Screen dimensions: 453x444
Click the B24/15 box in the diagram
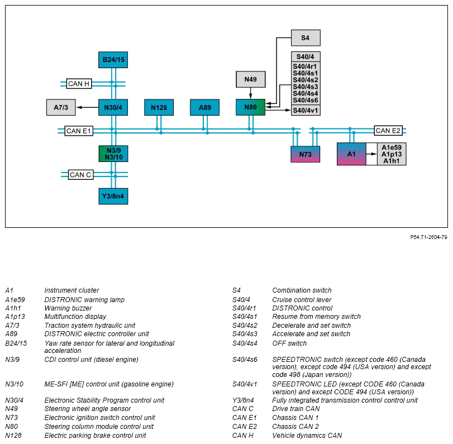coord(113,60)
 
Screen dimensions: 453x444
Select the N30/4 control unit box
coord(113,107)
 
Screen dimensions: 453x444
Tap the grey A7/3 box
coord(61,107)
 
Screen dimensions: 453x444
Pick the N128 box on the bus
coord(159,107)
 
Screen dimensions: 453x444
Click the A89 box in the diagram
coord(204,107)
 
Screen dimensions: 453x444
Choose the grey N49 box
coord(250,79)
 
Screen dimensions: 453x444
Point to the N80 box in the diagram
coord(250,107)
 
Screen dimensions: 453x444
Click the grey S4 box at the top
coord(306,38)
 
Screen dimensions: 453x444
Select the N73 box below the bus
coord(306,154)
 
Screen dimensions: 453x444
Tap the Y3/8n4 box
coord(113,196)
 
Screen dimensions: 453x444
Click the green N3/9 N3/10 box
coord(113,154)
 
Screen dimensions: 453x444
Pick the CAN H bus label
coord(79,84)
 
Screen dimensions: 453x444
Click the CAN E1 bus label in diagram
coord(79,131)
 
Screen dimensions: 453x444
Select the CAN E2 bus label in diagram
coord(388,131)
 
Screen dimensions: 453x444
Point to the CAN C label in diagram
coord(81,175)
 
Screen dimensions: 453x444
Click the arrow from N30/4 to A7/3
coord(87,107)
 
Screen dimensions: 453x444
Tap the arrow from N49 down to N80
coord(250,93)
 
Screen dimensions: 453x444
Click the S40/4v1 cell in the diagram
coord(306,111)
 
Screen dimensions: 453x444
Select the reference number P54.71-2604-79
coord(429,237)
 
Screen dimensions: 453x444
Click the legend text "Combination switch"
coord(302,290)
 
